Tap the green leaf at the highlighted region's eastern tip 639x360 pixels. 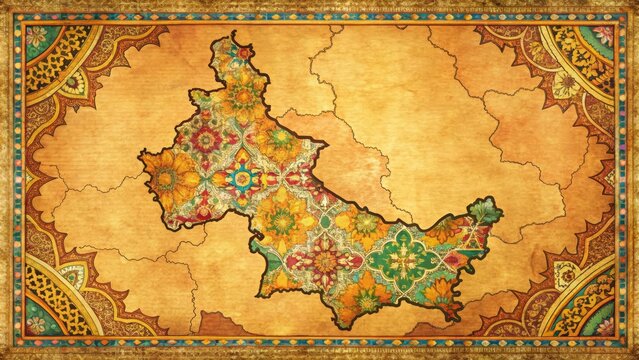pyautogui.click(x=485, y=211)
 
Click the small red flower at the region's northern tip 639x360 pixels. pyautogui.click(x=243, y=51)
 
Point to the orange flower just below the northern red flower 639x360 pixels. pyautogui.click(x=243, y=95)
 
